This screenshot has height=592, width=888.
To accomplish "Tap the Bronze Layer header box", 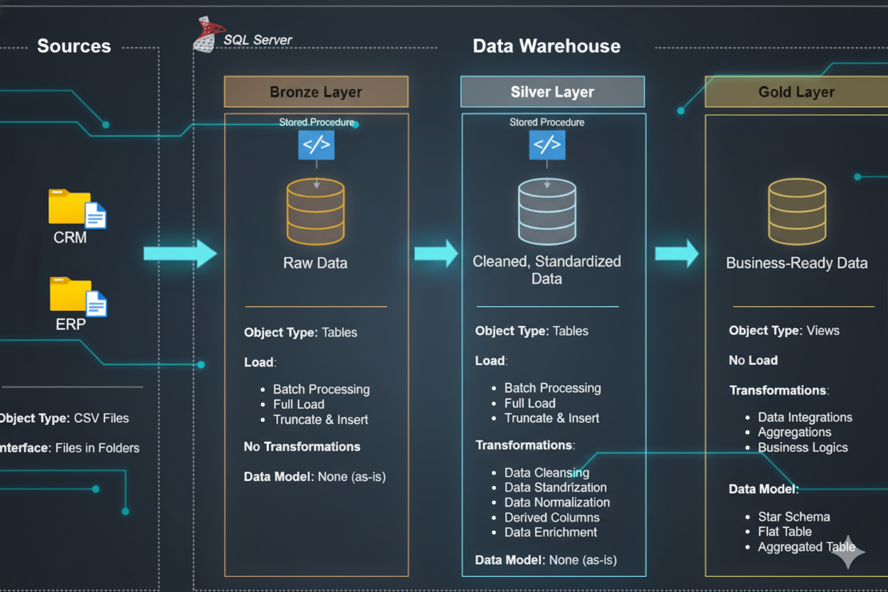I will (x=316, y=92).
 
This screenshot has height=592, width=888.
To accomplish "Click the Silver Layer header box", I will (x=552, y=92).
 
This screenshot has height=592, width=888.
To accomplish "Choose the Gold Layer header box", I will (x=795, y=92).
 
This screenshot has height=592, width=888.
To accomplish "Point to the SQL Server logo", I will (x=205, y=35).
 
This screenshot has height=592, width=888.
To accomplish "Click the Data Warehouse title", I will (x=546, y=46).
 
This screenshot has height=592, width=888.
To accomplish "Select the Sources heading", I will (x=74, y=46).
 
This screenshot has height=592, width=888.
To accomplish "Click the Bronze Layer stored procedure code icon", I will (x=316, y=145).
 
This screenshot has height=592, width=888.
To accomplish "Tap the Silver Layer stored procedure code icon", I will (x=546, y=145).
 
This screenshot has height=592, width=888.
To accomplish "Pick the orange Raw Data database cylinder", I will (x=315, y=211).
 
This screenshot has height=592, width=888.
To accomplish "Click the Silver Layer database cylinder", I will (x=546, y=211).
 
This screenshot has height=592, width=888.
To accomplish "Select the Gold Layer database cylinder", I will (x=797, y=211).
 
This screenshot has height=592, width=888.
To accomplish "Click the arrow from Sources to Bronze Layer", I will (x=179, y=253).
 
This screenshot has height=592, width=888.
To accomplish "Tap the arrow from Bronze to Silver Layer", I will (x=435, y=253).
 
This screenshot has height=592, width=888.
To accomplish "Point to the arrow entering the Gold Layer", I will (x=676, y=253).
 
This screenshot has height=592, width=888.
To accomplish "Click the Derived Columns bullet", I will (x=551, y=517).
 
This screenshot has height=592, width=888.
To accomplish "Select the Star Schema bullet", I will (x=793, y=517).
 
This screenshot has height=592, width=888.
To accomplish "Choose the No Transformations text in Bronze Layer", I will (x=302, y=447).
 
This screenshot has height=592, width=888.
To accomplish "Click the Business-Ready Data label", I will (x=796, y=263).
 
